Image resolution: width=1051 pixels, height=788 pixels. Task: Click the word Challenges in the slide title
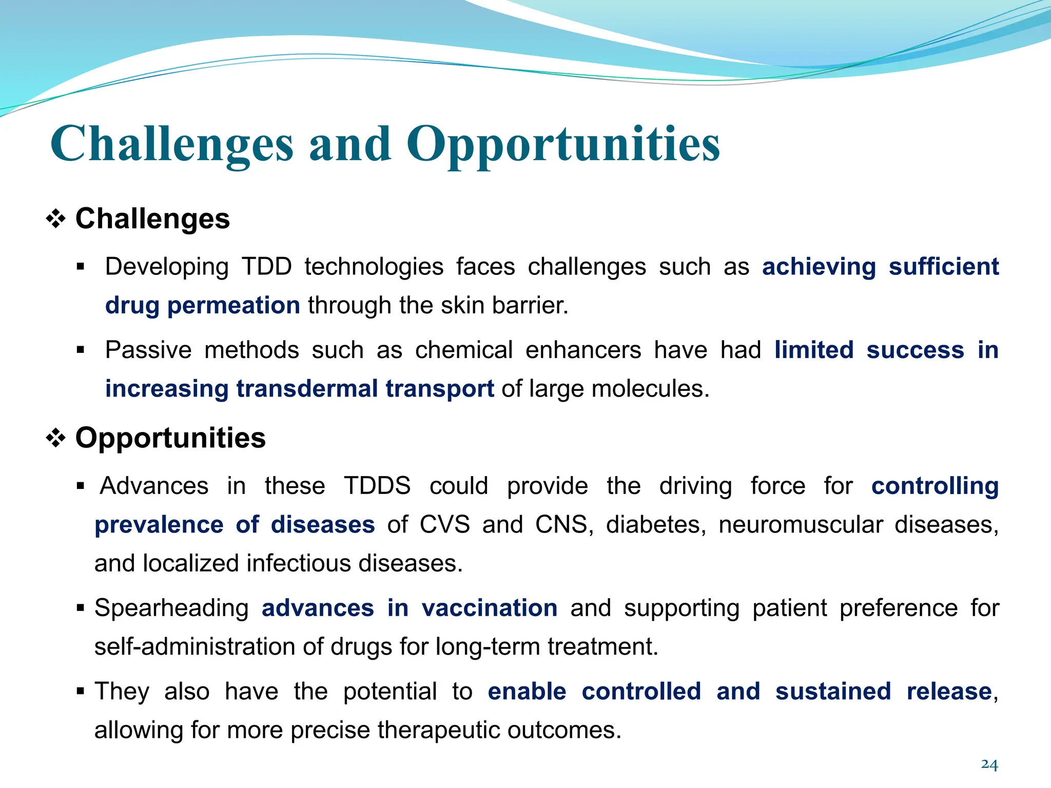172,145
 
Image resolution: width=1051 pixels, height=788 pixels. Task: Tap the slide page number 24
989,764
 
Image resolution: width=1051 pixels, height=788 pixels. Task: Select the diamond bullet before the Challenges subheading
56,220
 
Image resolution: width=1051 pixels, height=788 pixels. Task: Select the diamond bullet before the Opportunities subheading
56,439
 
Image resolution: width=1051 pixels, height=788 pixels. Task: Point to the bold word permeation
233,306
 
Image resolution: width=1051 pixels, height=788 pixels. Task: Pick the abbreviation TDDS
377,486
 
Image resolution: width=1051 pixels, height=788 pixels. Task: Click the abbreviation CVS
444,525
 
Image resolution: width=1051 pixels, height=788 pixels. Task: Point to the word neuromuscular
801,525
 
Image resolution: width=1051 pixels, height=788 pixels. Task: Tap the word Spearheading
171,608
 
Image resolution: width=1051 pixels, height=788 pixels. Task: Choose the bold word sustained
833,692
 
